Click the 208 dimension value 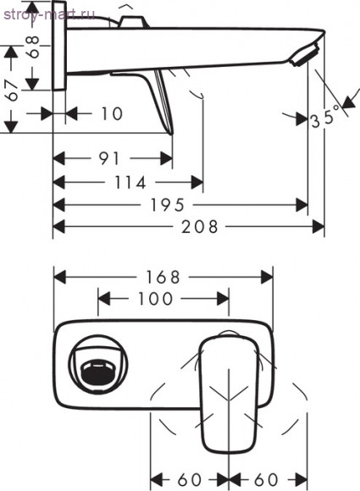200,226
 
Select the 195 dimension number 168,206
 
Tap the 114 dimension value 130,183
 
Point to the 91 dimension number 109,158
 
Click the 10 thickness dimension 112,113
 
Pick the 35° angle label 326,117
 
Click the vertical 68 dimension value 32,47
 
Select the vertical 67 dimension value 13,91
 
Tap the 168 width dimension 163,277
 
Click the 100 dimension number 155,299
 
